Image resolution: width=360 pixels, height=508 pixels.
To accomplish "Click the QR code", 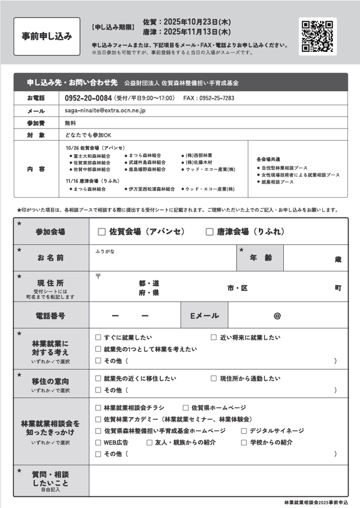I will point(318,36).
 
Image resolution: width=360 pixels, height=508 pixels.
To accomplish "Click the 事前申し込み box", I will point(47,37).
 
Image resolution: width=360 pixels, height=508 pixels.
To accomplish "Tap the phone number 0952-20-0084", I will point(88,98).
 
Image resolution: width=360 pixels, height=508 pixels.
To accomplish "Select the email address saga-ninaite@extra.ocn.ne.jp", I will point(105,111).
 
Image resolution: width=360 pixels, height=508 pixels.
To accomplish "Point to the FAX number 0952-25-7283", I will point(217,98).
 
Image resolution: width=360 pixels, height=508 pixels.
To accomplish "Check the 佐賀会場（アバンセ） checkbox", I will point(102,232).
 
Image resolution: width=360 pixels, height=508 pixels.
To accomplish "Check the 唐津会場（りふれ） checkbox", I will point(210,232).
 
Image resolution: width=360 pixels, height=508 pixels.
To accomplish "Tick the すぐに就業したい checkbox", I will point(98,337).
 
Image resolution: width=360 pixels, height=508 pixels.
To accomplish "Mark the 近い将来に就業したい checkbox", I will point(214,337).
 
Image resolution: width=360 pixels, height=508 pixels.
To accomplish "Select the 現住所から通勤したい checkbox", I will point(214,378).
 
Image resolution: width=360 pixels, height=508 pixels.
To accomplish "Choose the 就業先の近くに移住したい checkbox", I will point(98,378).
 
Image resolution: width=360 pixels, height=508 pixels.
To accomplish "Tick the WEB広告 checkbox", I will point(98,442).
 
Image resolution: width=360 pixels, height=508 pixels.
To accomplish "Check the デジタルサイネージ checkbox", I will point(244,431).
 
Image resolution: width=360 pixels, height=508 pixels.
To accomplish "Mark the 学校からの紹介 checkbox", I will point(244,442).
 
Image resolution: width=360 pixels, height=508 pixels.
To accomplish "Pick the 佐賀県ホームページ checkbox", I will point(186,407).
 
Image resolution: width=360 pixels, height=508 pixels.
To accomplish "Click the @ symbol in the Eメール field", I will point(277,316).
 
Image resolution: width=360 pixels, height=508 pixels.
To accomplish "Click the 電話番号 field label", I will point(51,316).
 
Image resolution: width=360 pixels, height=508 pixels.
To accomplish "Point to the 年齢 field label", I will point(260,258).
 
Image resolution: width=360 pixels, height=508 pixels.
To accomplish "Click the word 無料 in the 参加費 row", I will point(70,122).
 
